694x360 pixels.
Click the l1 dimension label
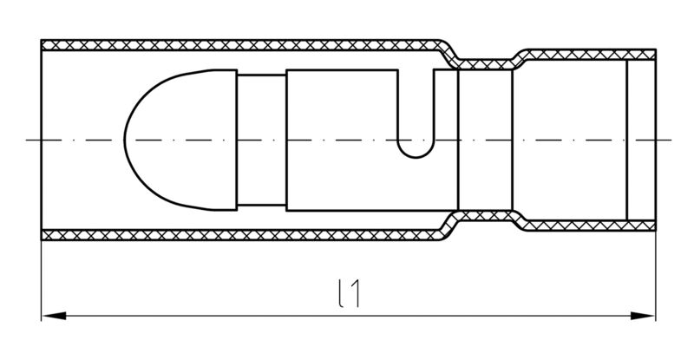(349, 293)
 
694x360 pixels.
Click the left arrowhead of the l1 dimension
(54, 316)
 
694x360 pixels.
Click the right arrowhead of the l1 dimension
(643, 316)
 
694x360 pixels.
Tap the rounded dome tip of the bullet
(126, 140)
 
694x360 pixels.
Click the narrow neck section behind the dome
(262, 140)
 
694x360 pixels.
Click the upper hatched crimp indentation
(486, 64)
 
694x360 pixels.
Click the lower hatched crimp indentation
(486, 216)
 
